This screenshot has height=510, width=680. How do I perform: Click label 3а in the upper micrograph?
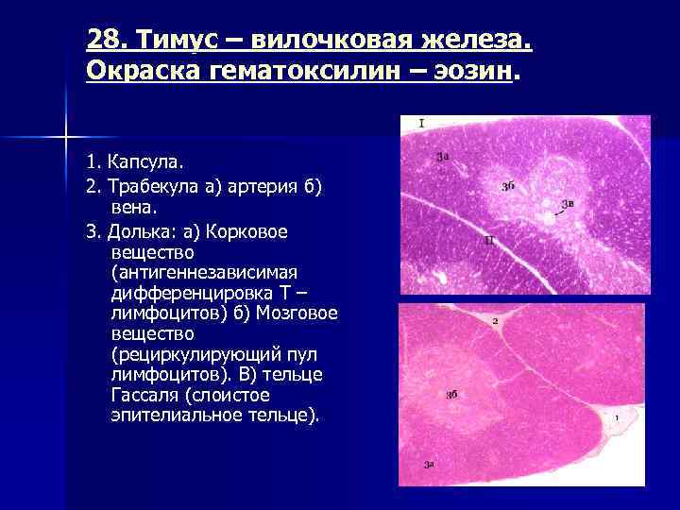(x=443, y=157)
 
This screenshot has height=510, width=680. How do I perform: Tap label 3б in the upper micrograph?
(x=508, y=186)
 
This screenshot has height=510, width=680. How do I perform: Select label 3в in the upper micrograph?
(x=568, y=203)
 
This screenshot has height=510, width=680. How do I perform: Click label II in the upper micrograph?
(x=488, y=241)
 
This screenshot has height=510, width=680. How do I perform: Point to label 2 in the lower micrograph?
(x=495, y=322)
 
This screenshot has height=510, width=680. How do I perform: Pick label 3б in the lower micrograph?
(x=451, y=394)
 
